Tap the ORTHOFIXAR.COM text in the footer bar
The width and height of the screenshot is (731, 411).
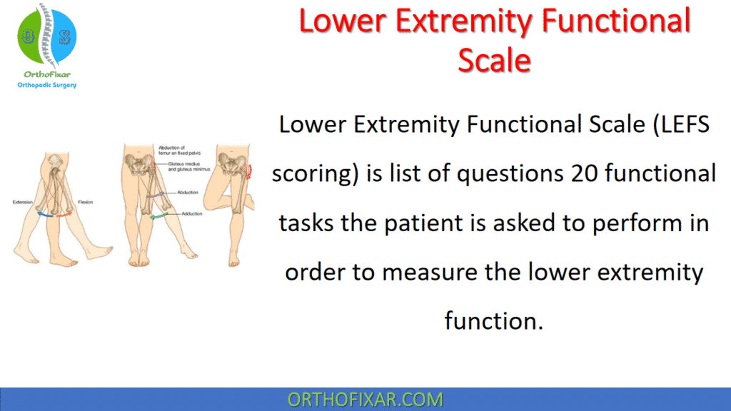[x=365, y=400]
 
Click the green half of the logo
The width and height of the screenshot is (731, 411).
[x=31, y=36]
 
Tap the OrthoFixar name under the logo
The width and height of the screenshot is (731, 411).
[x=46, y=73]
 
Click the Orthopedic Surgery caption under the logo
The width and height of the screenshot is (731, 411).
[x=46, y=86]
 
